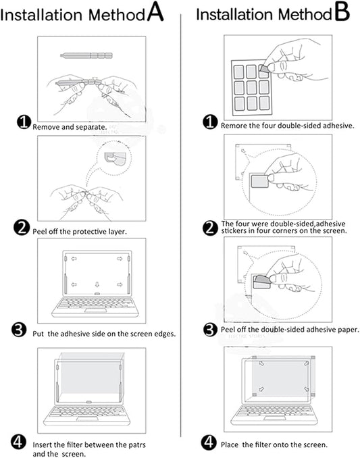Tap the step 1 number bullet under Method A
point(24,122)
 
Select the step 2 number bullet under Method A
point(22,228)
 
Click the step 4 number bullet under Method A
point(20,442)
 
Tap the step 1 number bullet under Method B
point(210,123)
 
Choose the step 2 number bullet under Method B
point(210,227)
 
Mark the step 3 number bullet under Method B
point(210,330)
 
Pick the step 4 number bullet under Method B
point(210,443)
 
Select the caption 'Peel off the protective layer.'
point(80,231)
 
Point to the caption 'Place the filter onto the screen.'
point(274,444)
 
